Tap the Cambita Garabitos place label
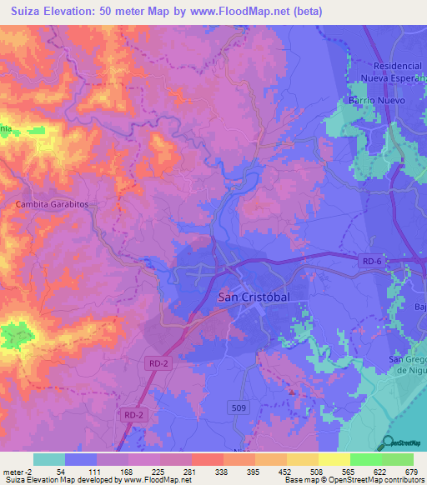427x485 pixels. [x=52, y=203]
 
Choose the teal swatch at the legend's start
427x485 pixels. [x=49, y=459]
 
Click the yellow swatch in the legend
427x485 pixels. [x=334, y=459]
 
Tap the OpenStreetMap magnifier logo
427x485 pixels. [x=389, y=442]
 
